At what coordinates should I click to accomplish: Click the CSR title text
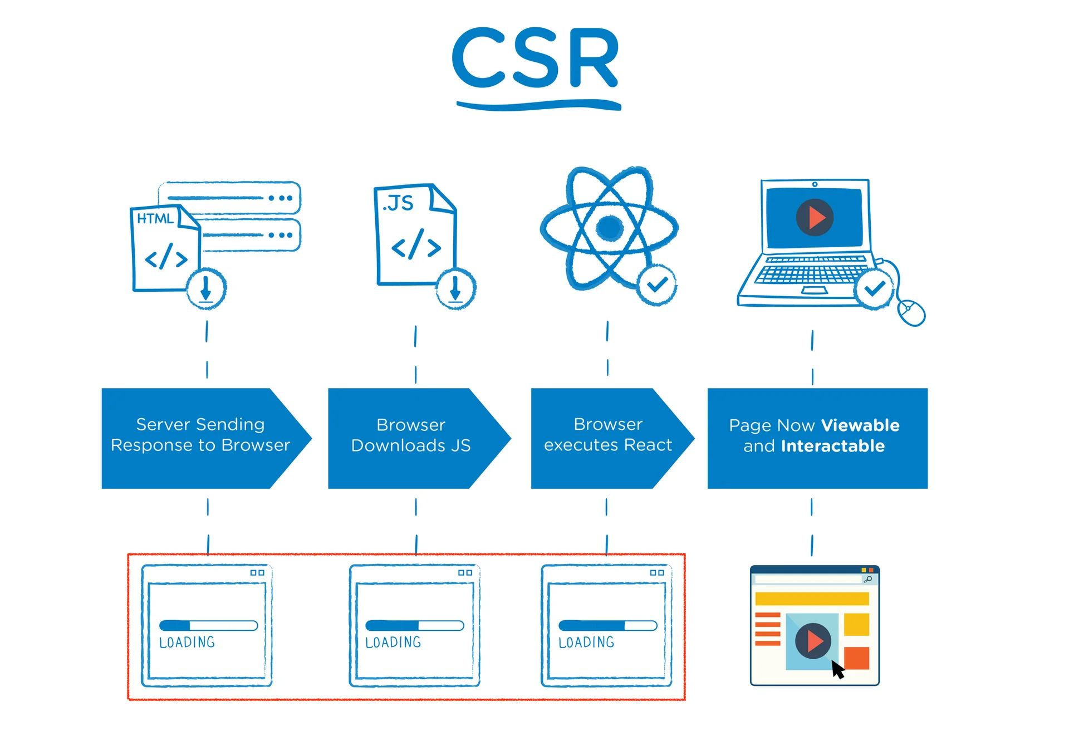[535, 58]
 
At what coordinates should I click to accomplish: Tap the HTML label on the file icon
[155, 219]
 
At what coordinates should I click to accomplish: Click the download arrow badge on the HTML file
[206, 289]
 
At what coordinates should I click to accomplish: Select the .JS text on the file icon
[398, 203]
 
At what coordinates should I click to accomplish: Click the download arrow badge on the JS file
[455, 289]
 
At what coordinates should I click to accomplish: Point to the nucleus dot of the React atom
[609, 227]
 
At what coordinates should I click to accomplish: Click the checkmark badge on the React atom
[657, 285]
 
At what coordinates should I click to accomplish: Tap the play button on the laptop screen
[815, 218]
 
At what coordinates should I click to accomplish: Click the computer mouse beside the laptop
[911, 312]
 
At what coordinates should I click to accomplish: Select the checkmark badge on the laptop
[874, 288]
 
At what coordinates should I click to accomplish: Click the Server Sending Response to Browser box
[200, 438]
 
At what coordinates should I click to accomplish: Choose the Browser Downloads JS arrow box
[411, 438]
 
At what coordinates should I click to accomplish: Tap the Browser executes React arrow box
[607, 438]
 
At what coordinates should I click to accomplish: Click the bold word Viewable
[860, 425]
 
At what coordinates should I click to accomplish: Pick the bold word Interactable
[832, 446]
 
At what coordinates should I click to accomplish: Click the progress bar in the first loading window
[208, 625]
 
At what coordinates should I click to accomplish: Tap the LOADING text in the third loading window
[586, 643]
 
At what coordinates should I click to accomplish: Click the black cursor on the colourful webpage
[837, 669]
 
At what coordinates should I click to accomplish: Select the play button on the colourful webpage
[813, 641]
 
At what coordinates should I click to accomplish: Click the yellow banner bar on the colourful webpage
[812, 599]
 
